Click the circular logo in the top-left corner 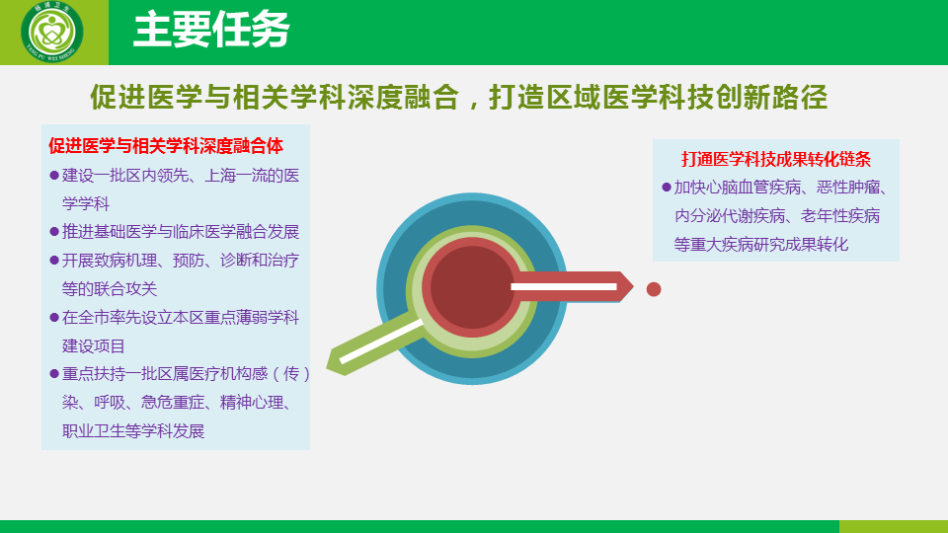52,32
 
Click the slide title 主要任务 211,29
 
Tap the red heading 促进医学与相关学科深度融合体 166,146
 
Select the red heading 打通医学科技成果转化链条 776,159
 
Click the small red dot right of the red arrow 654,289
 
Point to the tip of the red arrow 633,286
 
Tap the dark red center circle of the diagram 472,287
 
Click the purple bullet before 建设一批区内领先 53,176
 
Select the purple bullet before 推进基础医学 53,231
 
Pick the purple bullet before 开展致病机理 53,261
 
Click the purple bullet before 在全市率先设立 53,317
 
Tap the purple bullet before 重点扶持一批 53,373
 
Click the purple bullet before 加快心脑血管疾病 667,188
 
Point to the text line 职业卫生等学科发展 133,431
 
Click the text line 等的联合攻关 110,289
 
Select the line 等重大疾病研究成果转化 761,244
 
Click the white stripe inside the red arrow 564,286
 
